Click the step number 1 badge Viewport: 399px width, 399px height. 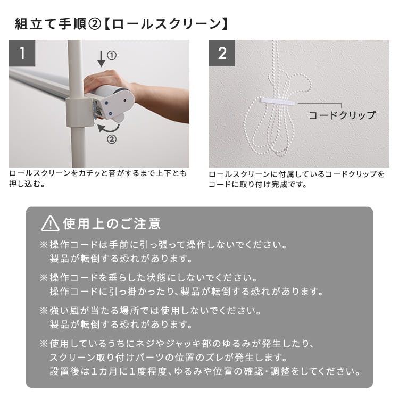tap(22, 53)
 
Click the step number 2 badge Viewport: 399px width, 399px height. tap(222, 53)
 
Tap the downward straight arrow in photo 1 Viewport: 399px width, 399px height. tap(101, 59)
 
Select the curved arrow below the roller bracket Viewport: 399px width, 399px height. tap(109, 128)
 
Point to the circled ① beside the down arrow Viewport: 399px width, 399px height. tap(112, 55)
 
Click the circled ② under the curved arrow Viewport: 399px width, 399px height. tap(112, 139)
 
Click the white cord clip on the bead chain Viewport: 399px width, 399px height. tap(277, 101)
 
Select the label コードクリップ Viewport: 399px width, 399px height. tap(342, 115)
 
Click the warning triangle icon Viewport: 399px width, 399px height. tap(51, 223)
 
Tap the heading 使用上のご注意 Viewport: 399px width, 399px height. tap(112, 223)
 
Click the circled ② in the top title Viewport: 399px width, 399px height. tap(95, 24)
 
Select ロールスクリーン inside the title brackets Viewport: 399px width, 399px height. tap(167, 24)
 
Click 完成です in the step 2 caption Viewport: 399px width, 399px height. tap(288, 184)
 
